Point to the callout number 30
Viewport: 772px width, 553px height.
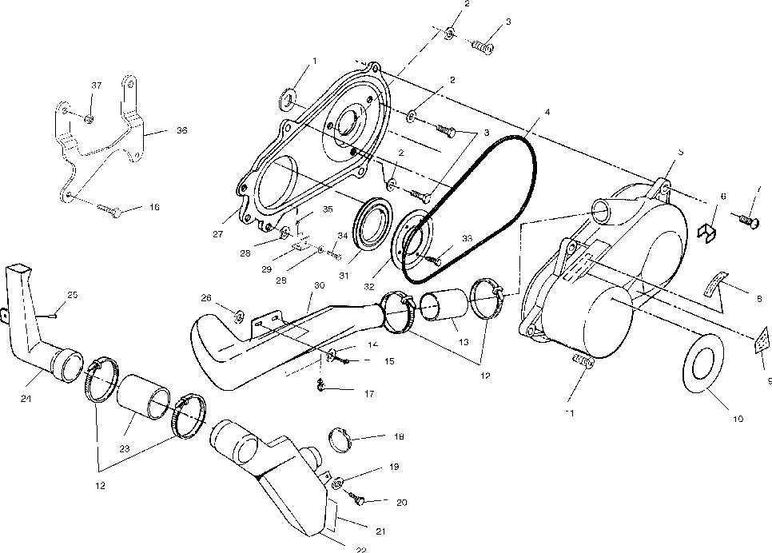(x=319, y=285)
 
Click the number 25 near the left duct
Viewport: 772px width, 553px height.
(x=72, y=296)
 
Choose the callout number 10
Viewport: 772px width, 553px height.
(x=737, y=418)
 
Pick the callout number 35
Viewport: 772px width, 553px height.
(x=327, y=209)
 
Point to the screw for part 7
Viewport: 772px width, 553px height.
(x=748, y=217)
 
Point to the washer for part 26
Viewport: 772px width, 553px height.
(x=237, y=309)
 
